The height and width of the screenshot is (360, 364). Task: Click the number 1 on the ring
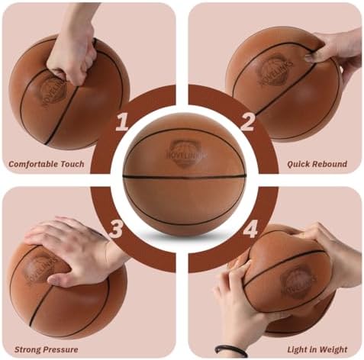tap(123, 122)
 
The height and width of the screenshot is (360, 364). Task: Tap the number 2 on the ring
tap(247, 122)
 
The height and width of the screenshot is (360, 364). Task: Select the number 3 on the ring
tap(116, 229)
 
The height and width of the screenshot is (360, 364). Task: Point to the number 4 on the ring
tap(250, 229)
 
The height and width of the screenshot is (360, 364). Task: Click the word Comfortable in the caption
tap(34, 164)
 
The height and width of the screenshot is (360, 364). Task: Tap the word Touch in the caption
tap(72, 164)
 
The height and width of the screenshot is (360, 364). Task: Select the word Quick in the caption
tap(296, 164)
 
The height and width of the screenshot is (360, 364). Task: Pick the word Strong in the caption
tap(26, 350)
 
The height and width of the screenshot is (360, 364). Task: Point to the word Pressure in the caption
tap(59, 349)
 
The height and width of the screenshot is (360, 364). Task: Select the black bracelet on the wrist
tap(231, 351)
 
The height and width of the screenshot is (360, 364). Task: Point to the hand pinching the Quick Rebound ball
tap(336, 55)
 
